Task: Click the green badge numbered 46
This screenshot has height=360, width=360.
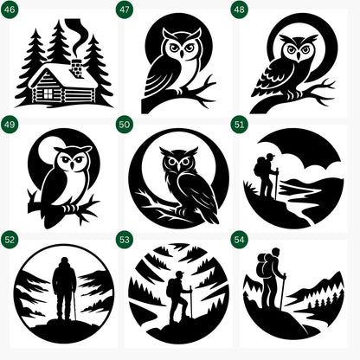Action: tap(10, 10)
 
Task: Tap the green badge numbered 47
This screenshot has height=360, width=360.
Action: tap(125, 10)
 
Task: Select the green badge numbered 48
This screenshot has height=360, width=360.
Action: tap(240, 10)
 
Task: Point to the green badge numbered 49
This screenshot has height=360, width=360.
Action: tap(10, 125)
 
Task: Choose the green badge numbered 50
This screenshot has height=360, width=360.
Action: tap(125, 125)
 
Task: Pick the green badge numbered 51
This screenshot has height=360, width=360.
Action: tap(240, 125)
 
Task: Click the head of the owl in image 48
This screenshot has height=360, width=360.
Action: tap(297, 50)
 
